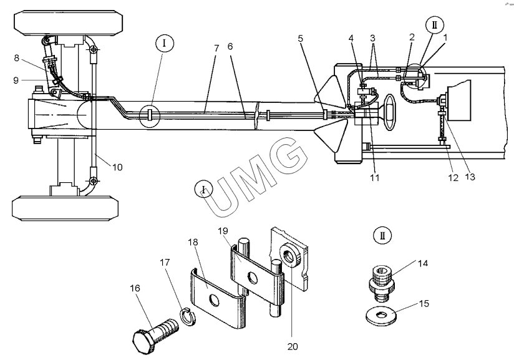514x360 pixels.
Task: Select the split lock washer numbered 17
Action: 188,317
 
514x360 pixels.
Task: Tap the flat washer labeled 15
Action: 381,316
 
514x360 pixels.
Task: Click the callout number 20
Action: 293,346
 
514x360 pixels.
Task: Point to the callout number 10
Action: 117,167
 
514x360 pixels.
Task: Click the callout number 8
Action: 17,58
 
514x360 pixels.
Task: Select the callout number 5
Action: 301,38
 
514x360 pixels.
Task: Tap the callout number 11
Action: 375,177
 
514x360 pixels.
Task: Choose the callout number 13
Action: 470,177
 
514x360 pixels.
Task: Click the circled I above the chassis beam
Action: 164,44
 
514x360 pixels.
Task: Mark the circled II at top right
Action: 435,25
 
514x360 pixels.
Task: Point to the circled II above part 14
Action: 382,235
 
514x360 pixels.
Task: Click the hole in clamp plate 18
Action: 215,300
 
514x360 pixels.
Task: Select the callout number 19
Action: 223,231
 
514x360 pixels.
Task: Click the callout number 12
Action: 453,177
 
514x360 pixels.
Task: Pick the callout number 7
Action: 216,48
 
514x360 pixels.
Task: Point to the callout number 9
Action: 16,80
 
